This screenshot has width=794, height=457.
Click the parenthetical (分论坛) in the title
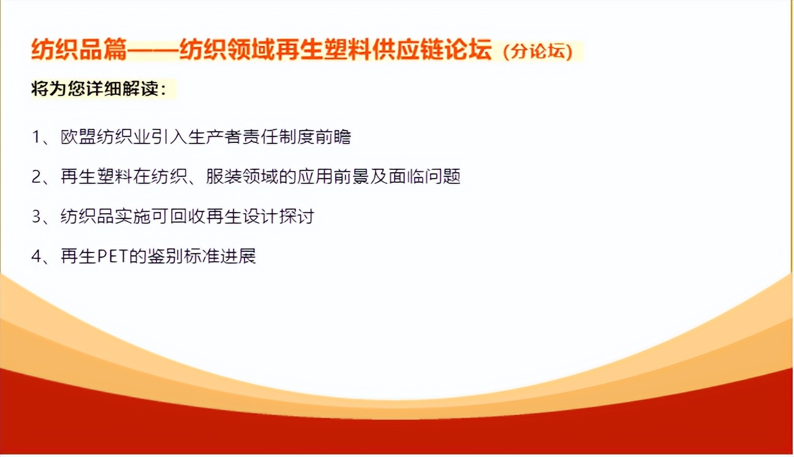pyautogui.click(x=538, y=52)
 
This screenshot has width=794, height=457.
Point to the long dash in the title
pyautogui.click(x=153, y=50)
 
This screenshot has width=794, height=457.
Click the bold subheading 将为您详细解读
pyautogui.click(x=94, y=88)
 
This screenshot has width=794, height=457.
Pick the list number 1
pyautogui.click(x=36, y=137)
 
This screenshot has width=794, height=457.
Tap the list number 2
pyautogui.click(x=36, y=176)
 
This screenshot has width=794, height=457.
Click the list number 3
pyautogui.click(x=36, y=216)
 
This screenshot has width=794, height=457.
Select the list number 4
pyautogui.click(x=36, y=256)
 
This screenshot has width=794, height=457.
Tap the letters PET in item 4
pyautogui.click(x=112, y=256)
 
